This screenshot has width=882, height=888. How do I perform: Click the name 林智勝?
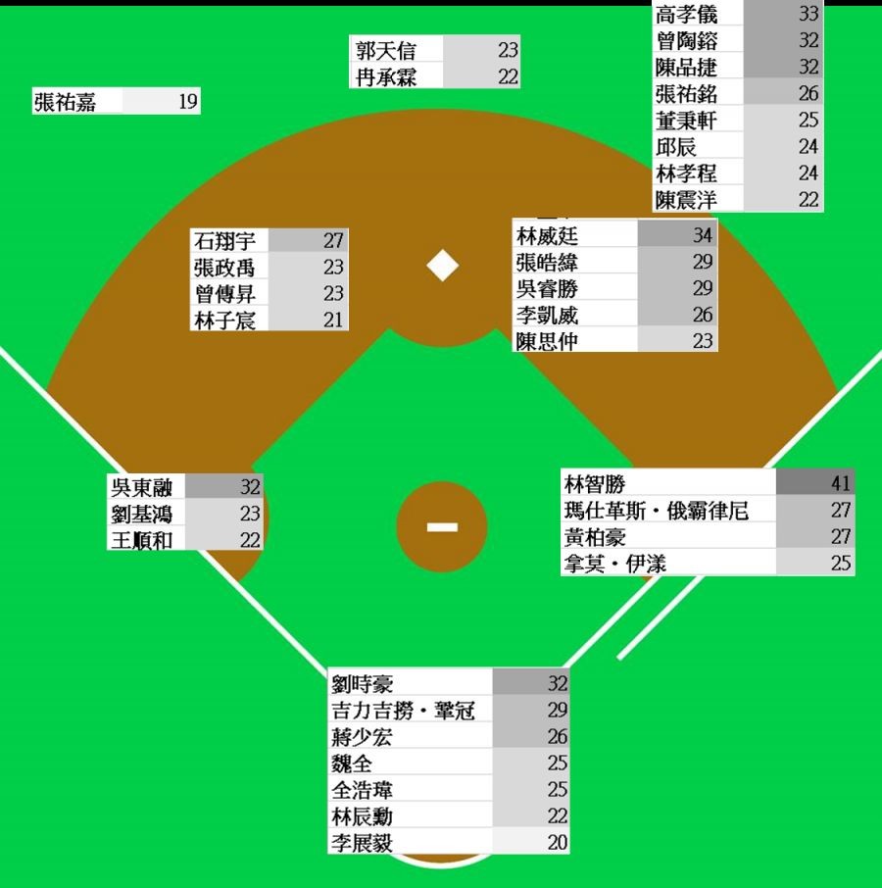tap(595, 483)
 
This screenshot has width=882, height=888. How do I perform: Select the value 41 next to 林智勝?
tap(841, 483)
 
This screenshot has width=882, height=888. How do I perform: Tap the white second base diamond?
tap(443, 265)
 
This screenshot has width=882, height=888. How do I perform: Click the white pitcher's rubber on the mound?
tap(442, 527)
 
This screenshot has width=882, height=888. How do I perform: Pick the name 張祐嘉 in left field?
tap(65, 102)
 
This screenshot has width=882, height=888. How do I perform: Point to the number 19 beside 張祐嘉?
tap(188, 102)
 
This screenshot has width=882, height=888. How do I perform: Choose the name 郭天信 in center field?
tap(386, 50)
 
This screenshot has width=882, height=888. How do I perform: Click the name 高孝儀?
tap(686, 15)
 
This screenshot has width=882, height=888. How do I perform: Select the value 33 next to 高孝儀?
tap(808, 15)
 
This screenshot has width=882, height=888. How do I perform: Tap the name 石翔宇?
tap(224, 241)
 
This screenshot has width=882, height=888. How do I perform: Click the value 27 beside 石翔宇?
tap(333, 241)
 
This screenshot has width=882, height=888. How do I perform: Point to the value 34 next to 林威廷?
tap(703, 235)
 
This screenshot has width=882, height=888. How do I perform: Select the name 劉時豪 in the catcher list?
tap(363, 684)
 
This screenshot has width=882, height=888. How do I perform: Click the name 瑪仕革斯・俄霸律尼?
tap(656, 511)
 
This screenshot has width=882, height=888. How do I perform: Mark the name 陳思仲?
tap(547, 341)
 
